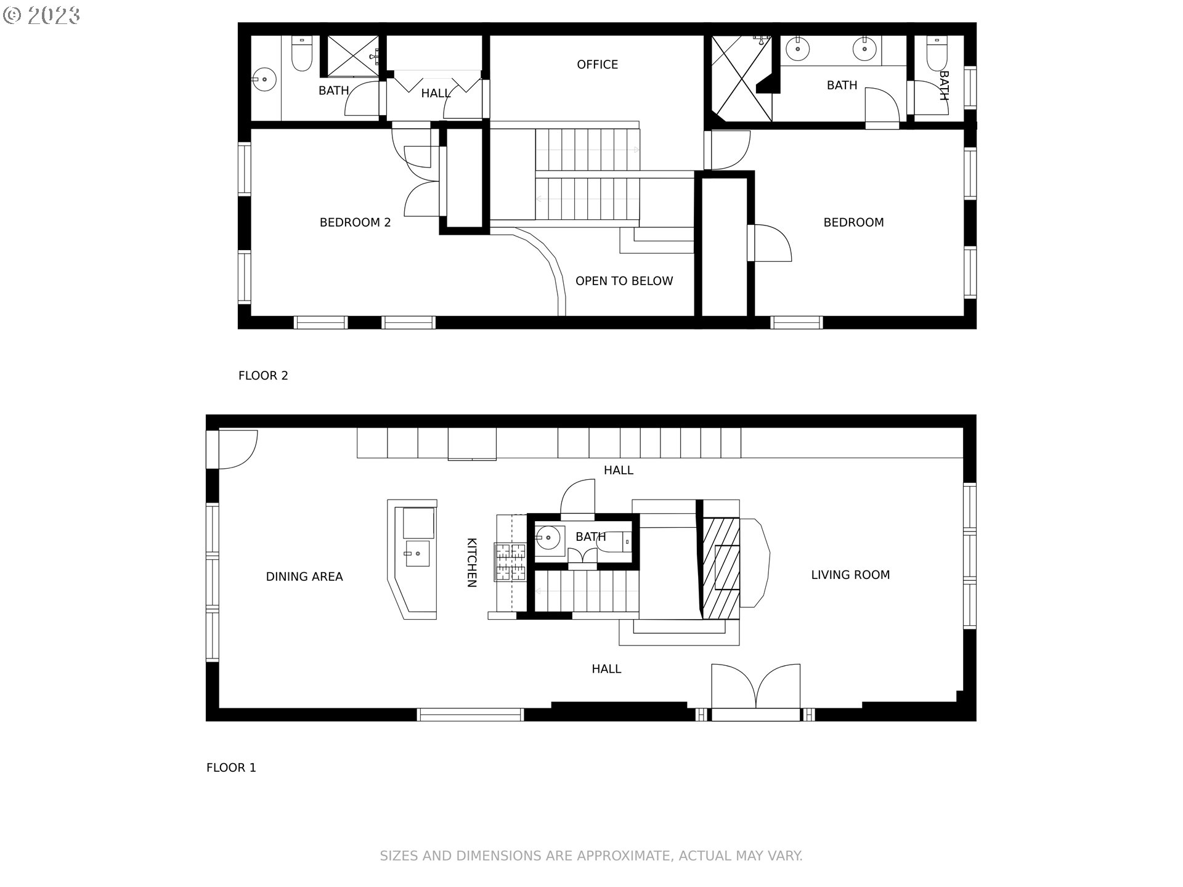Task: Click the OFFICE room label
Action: [x=597, y=65]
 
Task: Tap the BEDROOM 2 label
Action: [x=355, y=222]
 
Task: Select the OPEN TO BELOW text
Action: [x=624, y=281]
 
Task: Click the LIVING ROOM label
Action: [x=850, y=575]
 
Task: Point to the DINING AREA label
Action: [x=304, y=577]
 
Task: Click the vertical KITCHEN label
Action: [x=471, y=562]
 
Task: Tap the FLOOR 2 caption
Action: [x=263, y=375]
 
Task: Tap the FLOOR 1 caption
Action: [x=231, y=768]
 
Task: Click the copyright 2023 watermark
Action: [x=41, y=15]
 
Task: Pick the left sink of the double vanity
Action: [x=798, y=48]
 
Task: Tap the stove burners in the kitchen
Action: [x=510, y=562]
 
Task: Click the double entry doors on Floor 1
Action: [x=755, y=688]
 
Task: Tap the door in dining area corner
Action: [x=236, y=448]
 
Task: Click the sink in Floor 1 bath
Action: [x=548, y=538]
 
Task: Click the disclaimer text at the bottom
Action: [x=591, y=856]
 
